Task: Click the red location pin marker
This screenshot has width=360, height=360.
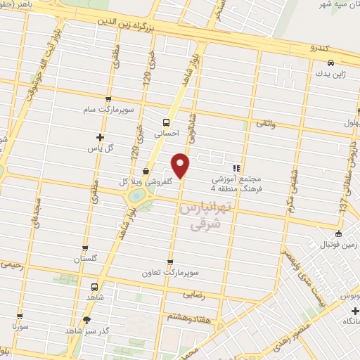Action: click(x=181, y=166)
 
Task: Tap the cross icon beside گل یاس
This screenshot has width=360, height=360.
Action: click(x=100, y=137)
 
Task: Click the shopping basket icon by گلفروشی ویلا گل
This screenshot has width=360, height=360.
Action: click(x=146, y=170)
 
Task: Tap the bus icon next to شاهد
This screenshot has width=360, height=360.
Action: click(x=94, y=287)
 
